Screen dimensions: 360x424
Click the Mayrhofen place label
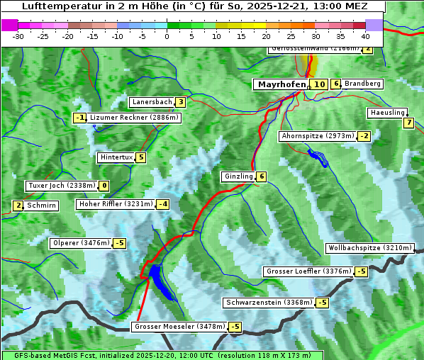281,84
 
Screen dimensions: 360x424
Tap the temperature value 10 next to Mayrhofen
320,84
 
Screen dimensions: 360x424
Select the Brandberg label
363,84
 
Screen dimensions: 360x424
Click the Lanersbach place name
152,102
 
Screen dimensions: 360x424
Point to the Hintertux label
116,157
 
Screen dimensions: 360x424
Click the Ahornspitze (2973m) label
318,135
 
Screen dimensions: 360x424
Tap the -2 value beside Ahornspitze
364,135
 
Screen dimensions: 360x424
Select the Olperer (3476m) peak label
81,243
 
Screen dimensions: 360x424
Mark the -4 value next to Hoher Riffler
162,204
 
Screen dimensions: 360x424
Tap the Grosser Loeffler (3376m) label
308,271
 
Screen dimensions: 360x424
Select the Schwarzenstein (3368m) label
267,303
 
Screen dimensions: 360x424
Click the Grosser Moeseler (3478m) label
179,327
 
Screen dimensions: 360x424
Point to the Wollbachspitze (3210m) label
369,248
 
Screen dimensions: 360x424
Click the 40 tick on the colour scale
365,35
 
